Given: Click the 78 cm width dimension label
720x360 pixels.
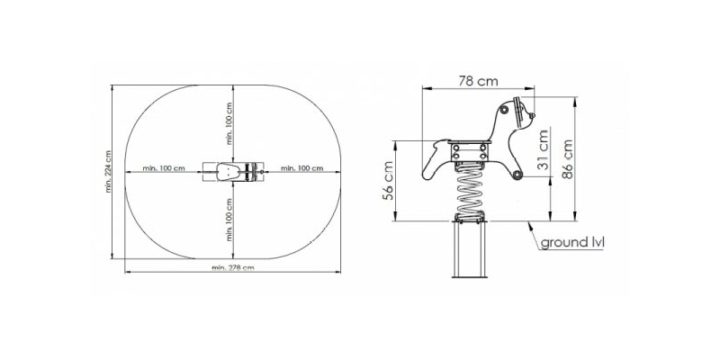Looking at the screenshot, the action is tap(478, 81).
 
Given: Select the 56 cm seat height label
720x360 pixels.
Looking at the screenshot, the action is tap(388, 181).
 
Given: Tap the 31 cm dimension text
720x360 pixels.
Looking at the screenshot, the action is tap(544, 149).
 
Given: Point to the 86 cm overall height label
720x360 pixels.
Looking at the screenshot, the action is tap(568, 159).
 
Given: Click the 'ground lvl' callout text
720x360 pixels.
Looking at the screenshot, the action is tap(572, 242).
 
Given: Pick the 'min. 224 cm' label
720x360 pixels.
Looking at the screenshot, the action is tap(108, 171).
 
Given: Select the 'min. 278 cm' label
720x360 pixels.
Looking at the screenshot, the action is tap(233, 267).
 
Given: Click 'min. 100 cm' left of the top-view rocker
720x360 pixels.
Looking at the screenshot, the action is tap(164, 168).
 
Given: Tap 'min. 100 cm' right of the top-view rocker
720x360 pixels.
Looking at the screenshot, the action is tap(301, 168).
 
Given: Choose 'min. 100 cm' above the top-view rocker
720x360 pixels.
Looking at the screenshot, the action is tap(229, 123).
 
